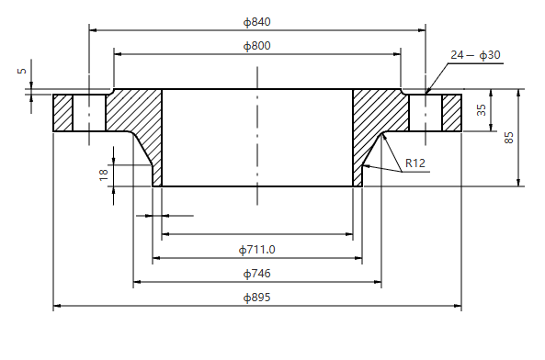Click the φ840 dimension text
[257, 21]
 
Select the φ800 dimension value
[257, 45]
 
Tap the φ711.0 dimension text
[257, 249]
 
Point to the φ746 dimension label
[257, 273]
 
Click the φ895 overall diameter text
[257, 298]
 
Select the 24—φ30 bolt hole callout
[475, 55]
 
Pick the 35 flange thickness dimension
[481, 110]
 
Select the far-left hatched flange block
[62, 113]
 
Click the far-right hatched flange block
[451, 112]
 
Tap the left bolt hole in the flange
[89, 113]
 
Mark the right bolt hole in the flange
[426, 112]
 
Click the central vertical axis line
[257, 138]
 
